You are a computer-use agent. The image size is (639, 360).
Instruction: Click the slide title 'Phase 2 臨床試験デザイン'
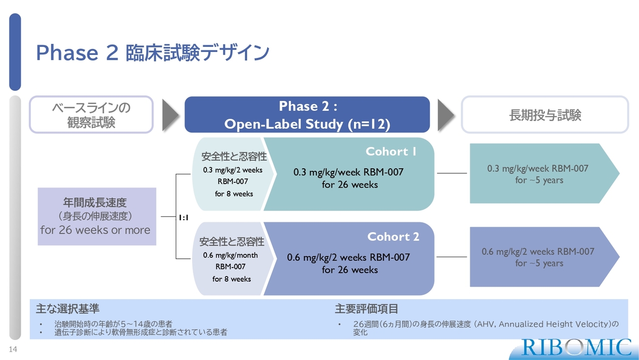tap(153, 52)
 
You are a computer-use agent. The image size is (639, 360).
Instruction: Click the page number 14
tap(13, 349)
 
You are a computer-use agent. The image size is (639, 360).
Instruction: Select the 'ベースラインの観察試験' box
tap(91, 115)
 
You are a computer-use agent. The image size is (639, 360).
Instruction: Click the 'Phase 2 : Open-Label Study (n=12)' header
tap(307, 115)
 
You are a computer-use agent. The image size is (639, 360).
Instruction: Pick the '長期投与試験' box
tap(545, 115)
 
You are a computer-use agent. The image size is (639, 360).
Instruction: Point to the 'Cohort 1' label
tap(391, 151)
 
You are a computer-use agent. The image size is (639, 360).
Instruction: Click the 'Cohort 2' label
tap(393, 237)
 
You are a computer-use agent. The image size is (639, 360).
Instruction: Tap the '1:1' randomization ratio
tap(184, 218)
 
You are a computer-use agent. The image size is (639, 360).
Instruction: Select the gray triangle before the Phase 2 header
tap(170, 115)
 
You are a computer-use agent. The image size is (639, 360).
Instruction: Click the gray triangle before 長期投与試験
tap(446, 115)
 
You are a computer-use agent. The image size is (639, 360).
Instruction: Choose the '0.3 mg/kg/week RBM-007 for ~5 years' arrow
tap(544, 173)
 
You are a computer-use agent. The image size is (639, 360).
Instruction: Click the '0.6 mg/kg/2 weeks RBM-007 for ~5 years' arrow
tap(544, 257)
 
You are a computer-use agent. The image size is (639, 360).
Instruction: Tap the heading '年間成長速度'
tap(95, 203)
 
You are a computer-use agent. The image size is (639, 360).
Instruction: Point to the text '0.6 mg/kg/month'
tap(231, 255)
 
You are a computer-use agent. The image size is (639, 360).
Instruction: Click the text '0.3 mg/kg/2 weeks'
tap(233, 170)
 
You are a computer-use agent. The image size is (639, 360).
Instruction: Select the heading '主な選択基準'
tap(67, 309)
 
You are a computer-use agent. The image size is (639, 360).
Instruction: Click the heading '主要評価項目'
tap(366, 309)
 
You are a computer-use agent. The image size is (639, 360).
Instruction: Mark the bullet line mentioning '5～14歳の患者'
tap(113, 324)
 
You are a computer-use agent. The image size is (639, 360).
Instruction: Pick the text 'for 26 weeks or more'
tap(95, 230)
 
